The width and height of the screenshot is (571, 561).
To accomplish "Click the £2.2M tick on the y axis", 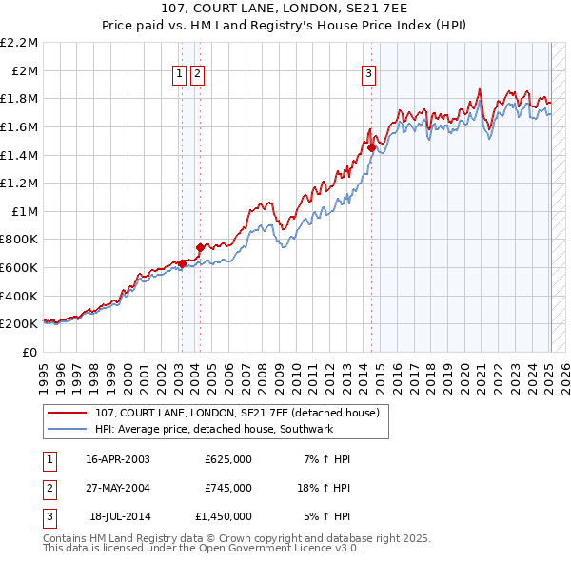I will pos(20,43).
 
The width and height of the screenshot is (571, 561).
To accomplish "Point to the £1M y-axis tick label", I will pos(25,211).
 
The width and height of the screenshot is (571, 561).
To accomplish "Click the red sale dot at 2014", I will pos(371,147).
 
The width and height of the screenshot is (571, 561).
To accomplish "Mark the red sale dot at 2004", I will pos(200,247).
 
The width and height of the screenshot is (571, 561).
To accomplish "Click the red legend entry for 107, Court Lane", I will pos(237,413).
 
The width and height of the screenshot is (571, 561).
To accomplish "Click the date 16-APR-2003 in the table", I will pos(118,459).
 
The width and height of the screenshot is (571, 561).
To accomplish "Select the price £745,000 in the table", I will pos(227,488).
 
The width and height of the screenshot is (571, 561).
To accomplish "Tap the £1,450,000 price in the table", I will pos(223,516).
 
